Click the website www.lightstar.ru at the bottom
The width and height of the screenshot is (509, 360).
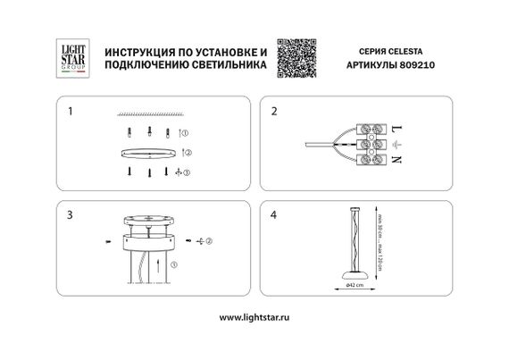(x=254, y=317)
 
